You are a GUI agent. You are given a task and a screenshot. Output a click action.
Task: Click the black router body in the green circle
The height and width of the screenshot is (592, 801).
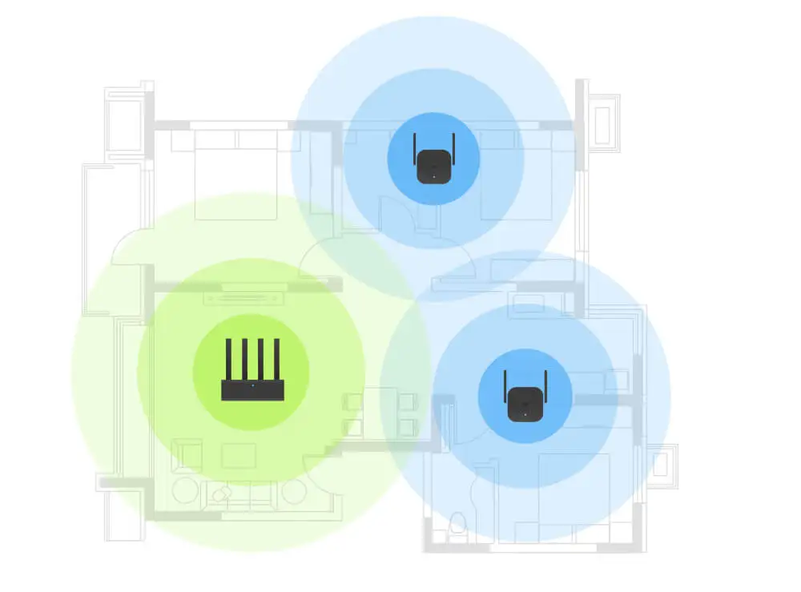point(251,390)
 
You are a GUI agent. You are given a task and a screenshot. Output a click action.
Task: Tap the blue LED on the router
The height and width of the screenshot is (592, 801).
point(252,386)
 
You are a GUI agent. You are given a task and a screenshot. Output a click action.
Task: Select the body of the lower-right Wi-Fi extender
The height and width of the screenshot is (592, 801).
point(524,402)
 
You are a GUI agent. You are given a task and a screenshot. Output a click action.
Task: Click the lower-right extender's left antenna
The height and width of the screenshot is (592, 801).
point(506,386)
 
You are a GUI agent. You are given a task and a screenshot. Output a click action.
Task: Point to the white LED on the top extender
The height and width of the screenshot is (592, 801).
point(433,175)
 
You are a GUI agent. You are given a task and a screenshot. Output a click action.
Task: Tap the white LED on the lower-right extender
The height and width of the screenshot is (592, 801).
point(524,413)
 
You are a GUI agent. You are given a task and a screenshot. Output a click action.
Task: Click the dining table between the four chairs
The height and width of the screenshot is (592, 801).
point(380,413)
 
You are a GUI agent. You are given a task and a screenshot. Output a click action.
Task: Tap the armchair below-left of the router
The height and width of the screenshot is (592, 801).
point(189,454)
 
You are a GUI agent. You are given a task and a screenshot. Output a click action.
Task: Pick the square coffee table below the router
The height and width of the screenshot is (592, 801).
point(239,456)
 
